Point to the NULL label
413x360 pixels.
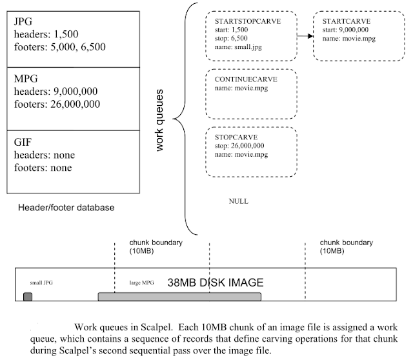click(x=239, y=201)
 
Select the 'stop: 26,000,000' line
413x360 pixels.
click(x=240, y=146)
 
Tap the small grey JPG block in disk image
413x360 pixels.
click(x=28, y=296)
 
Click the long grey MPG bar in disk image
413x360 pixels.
click(x=179, y=296)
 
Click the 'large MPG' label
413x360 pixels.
click(x=142, y=283)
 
